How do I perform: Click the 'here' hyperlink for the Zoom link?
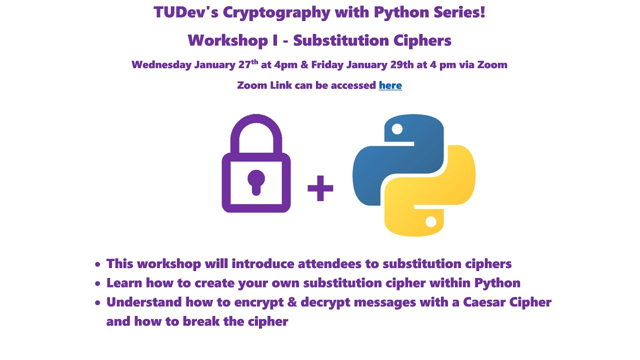tap(390, 85)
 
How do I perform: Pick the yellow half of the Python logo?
tap(435, 195)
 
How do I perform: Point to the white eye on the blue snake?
tap(397, 129)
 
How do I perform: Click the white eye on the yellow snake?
tap(430, 221)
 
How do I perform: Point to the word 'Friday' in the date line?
tap(326, 65)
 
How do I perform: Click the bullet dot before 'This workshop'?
tap(97, 264)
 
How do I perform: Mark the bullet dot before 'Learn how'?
tap(97, 284)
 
